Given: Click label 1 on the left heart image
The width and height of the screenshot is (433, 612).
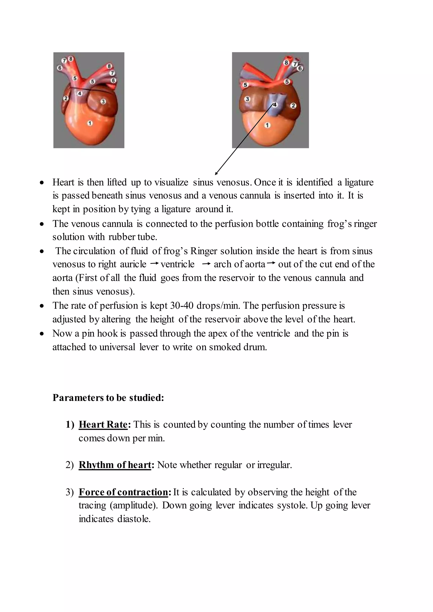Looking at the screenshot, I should (x=90, y=123).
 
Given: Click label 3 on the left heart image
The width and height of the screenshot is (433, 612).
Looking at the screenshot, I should (x=103, y=101).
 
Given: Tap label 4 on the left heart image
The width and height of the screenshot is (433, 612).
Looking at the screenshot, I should (x=79, y=93).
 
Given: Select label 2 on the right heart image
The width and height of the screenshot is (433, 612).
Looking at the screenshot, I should (x=293, y=105).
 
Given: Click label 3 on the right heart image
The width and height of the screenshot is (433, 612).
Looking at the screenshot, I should (x=247, y=99).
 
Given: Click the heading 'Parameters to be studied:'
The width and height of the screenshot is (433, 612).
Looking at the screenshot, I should (x=108, y=398).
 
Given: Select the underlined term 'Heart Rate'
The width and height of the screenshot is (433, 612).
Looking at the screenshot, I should (x=103, y=424).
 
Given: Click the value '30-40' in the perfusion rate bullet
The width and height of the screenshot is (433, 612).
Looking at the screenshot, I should (x=182, y=305).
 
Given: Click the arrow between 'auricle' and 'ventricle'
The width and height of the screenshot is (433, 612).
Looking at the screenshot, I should (x=154, y=264).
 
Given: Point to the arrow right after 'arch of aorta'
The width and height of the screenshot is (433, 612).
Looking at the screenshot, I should (x=271, y=263).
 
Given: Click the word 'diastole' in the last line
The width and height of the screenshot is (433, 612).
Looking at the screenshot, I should (x=134, y=519).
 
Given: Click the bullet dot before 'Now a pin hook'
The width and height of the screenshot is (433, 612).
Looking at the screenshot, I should (x=42, y=334).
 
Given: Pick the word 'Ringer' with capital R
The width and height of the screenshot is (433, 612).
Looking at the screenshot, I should (x=204, y=251).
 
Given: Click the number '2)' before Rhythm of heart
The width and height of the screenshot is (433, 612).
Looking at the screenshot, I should (x=70, y=465).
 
